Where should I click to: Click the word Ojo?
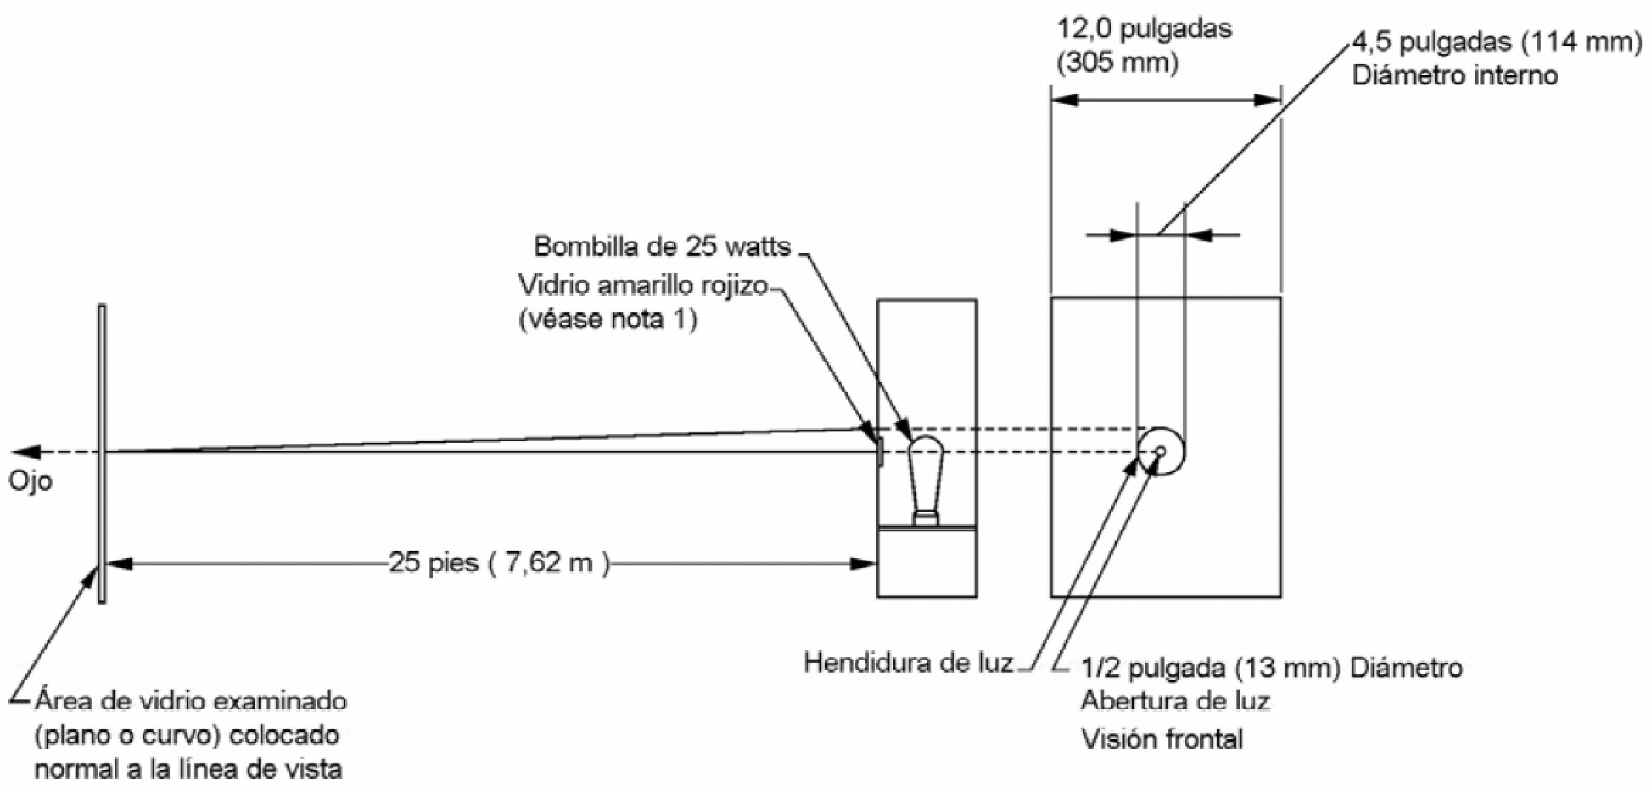[x=30, y=481]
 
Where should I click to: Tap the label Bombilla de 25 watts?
[x=662, y=247]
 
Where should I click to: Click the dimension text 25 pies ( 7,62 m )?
[x=499, y=563]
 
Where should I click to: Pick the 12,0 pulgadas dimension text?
[x=1144, y=29]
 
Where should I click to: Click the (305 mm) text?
[x=1117, y=63]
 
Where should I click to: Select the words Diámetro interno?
[x=1455, y=76]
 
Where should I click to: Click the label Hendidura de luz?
[x=908, y=662]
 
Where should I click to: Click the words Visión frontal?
[x=1162, y=739]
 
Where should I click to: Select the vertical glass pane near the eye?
[x=101, y=454]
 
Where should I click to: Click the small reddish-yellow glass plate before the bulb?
[x=880, y=451]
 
